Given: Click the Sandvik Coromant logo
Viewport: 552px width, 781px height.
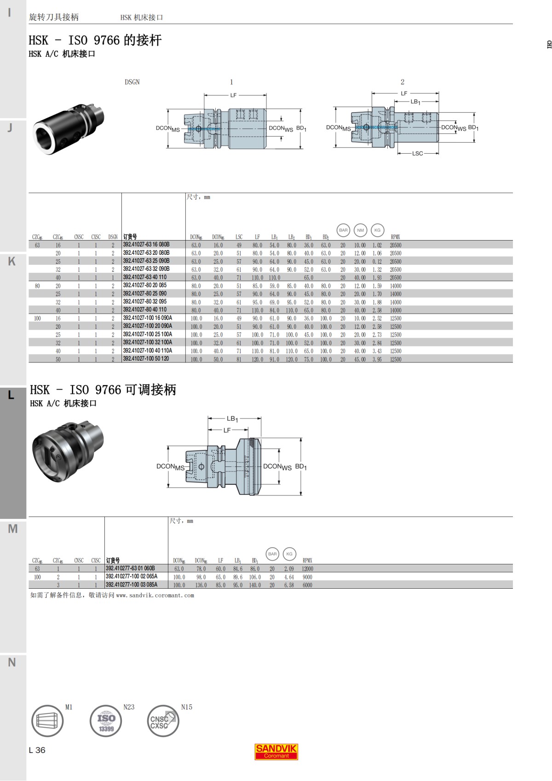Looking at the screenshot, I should pos(276,752).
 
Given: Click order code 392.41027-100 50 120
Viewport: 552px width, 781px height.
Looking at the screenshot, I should pos(146,359).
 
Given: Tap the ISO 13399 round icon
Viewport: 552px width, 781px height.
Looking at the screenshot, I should pos(106,721).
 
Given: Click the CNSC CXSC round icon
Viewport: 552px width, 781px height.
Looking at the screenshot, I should pos(163,721).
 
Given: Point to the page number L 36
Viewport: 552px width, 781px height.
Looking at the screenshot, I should pos(37,750).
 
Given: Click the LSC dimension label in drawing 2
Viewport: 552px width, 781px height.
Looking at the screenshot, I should pos(417,154).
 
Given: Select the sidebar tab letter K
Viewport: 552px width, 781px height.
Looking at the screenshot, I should pos(12,261).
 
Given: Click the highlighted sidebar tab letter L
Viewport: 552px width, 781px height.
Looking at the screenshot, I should pos(11,395).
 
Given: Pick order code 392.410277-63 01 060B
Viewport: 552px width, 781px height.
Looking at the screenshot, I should pos(130,569).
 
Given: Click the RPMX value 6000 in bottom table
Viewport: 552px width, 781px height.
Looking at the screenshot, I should pos(307,585).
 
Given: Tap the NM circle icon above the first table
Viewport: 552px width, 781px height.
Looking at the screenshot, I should pos(360,230).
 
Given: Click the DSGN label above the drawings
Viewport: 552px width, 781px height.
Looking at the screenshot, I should pos(132,82).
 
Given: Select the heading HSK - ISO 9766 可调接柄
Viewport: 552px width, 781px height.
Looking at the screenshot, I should pos(103,390).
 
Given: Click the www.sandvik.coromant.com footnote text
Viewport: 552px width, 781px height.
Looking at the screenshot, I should pos(155,595).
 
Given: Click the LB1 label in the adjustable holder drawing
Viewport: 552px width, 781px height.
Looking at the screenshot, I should pos(232,419).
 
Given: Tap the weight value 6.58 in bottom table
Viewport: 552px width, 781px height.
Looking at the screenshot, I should pos(289,585).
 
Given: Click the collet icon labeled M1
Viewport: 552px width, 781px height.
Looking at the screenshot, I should pos(47,721).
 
